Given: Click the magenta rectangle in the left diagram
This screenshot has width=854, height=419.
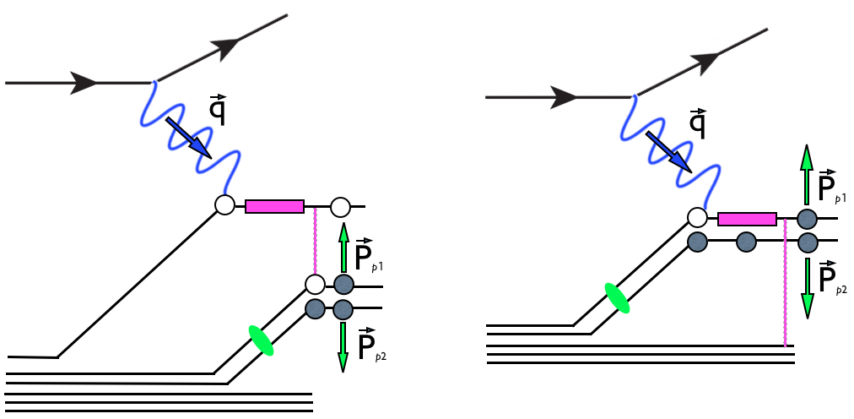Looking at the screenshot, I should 274,206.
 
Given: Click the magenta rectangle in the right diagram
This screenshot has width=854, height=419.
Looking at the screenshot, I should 747,220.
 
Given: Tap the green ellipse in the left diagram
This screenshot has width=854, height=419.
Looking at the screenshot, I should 261,340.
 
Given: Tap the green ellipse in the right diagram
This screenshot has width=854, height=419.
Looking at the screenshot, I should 617,298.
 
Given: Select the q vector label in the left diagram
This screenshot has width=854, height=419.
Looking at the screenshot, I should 217,110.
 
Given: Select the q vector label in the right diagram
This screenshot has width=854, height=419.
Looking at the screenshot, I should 698,123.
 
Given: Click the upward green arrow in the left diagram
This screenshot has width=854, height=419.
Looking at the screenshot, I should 343,246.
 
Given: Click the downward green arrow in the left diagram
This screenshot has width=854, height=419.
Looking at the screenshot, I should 343,346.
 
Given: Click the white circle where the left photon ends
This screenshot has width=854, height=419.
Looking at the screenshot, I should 224,205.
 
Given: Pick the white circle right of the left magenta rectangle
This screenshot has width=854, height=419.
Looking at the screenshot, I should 340,206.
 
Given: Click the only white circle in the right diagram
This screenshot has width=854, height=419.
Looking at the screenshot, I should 697,218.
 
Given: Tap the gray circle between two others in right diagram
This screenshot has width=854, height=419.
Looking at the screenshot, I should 745,242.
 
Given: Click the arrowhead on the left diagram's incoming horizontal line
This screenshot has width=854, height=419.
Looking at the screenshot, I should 84,83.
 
